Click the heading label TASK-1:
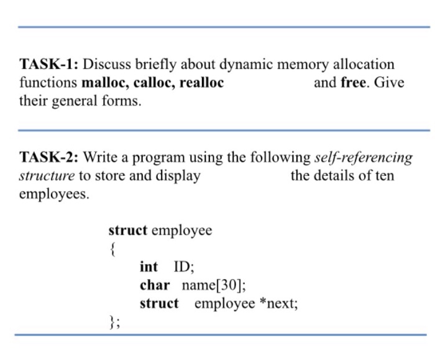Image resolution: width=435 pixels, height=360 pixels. (x=48, y=65)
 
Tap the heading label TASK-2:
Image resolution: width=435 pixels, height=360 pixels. (x=48, y=157)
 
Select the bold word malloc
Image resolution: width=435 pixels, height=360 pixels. (x=104, y=83)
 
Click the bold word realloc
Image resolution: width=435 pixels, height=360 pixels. (x=201, y=83)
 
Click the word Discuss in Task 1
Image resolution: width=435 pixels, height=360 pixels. (x=106, y=65)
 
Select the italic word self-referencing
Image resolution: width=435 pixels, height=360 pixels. (x=364, y=158)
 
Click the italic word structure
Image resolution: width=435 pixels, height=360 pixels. (x=47, y=175)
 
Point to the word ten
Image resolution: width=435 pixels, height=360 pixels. (x=383, y=175)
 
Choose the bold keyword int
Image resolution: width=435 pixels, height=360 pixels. (x=149, y=267)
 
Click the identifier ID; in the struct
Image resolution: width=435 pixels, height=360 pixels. (x=184, y=267)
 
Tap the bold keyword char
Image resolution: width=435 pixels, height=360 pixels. (x=155, y=285)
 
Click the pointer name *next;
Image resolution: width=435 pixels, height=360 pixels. (x=278, y=303)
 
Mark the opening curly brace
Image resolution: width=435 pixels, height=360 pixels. (x=112, y=249)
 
